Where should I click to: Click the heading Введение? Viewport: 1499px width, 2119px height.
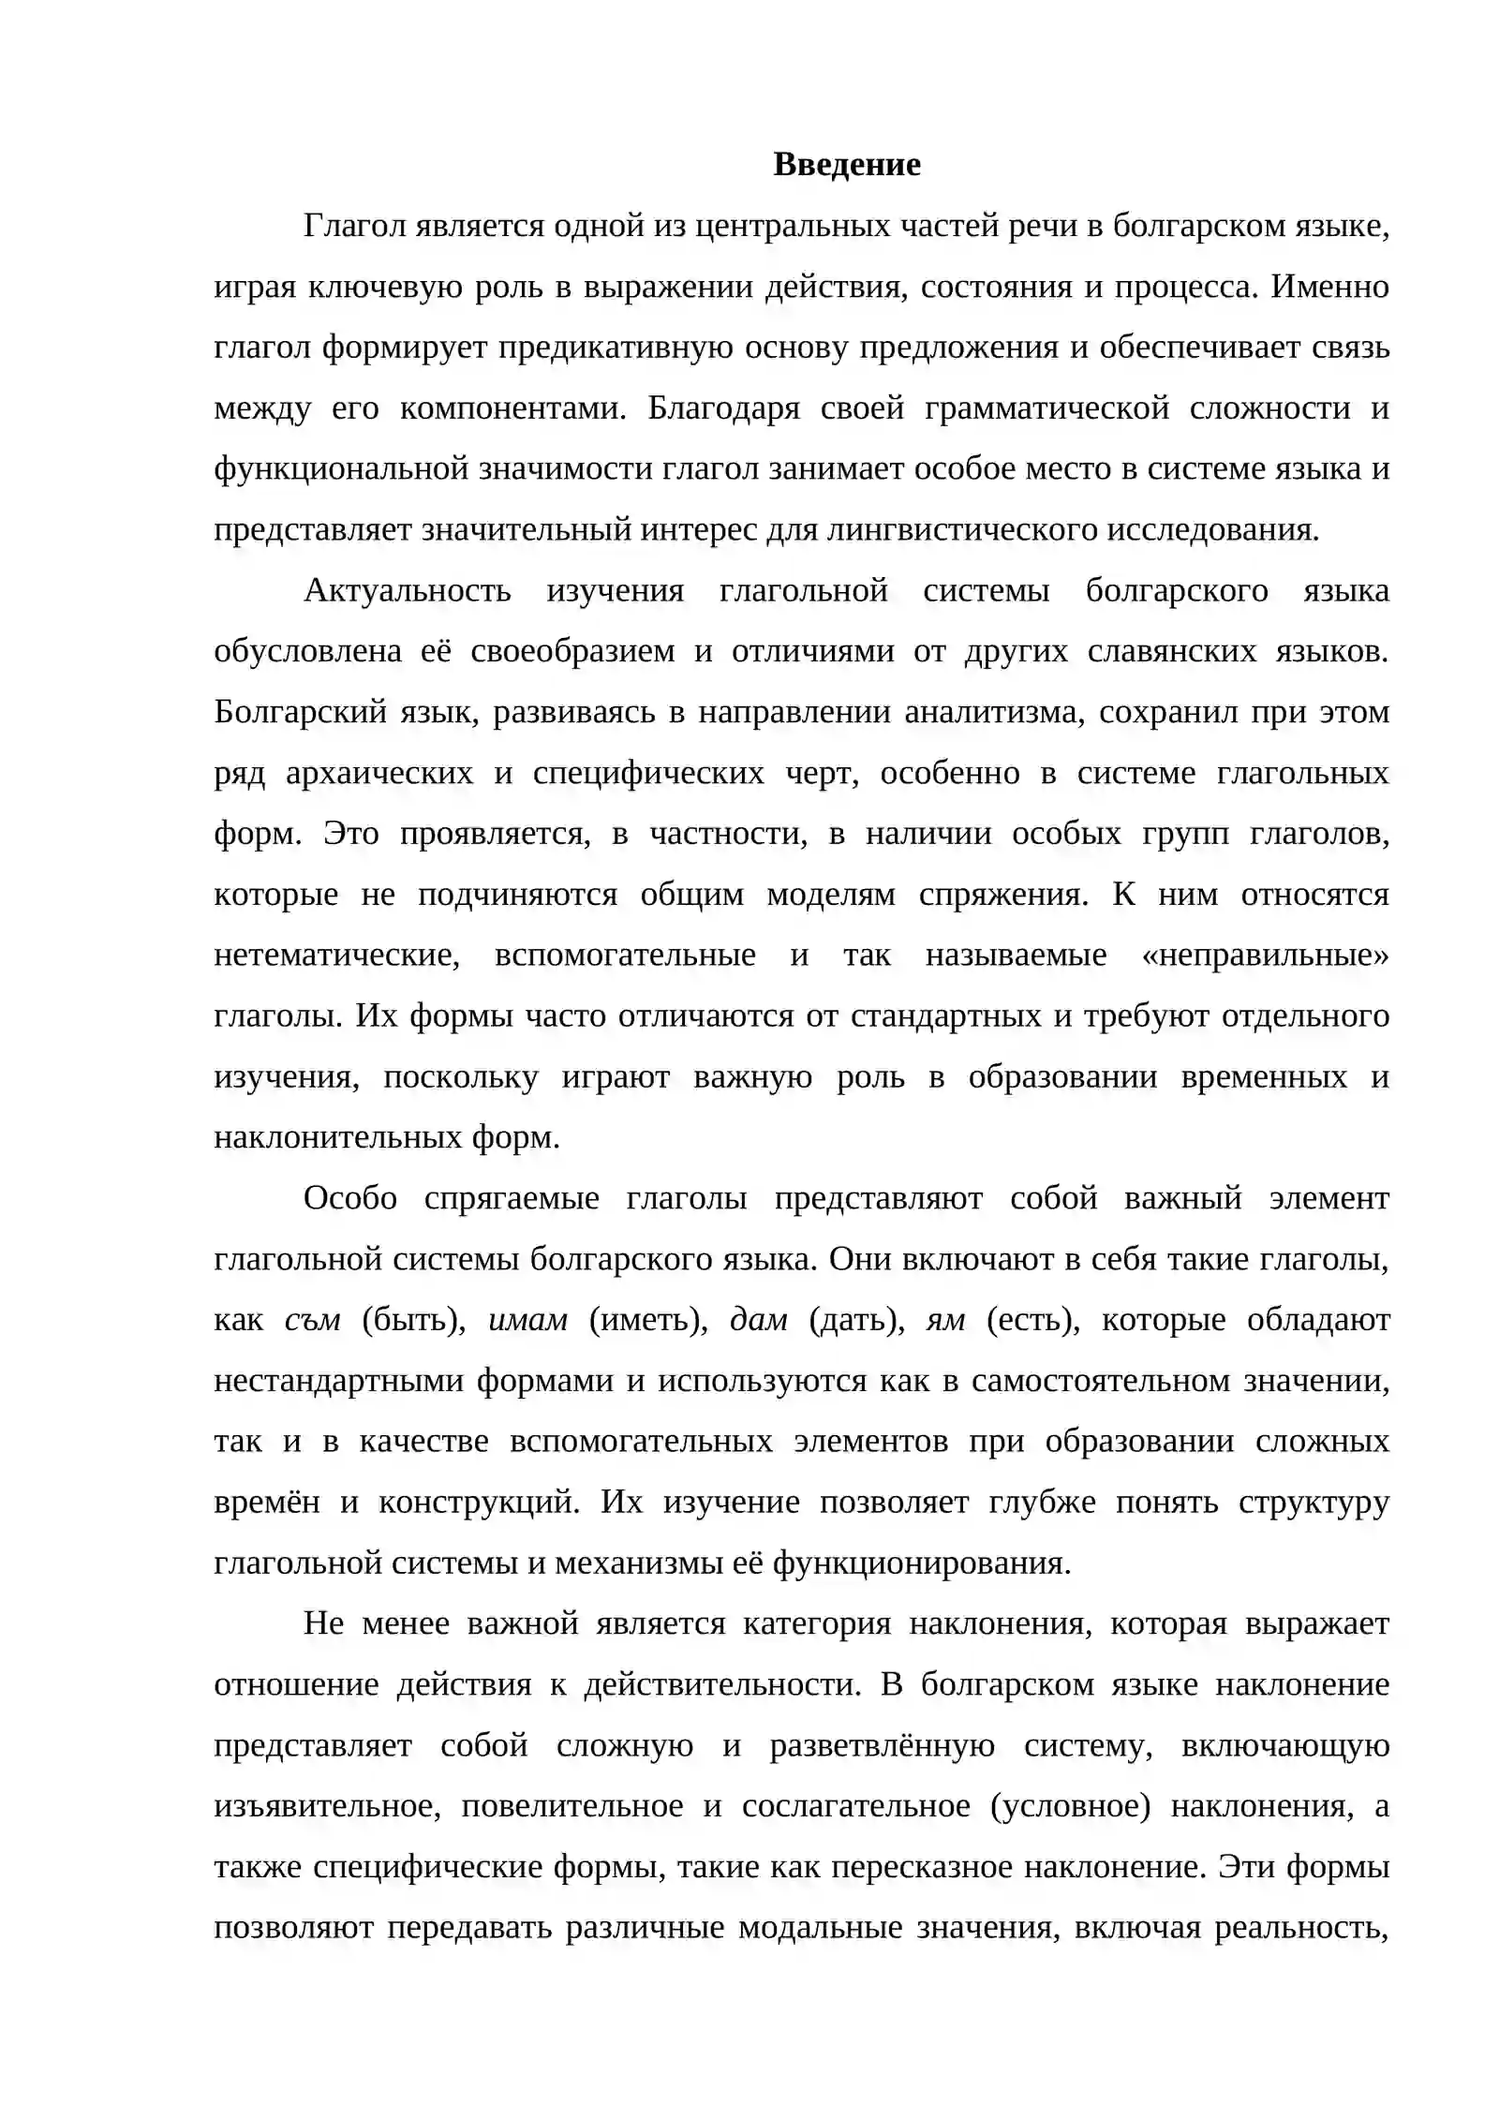point(846,165)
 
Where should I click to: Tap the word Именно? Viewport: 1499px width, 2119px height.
point(1329,287)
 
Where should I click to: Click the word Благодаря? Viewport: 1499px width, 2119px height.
point(723,408)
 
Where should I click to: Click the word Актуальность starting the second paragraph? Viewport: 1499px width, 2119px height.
point(408,591)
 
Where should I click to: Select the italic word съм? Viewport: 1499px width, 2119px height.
point(312,1320)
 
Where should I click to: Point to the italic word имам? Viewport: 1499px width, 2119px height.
point(528,1320)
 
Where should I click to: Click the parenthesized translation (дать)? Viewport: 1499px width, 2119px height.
point(856,1320)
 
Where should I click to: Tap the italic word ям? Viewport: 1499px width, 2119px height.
point(945,1320)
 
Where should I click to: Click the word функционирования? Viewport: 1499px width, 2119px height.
point(921,1563)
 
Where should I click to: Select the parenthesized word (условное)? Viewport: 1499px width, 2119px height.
point(1069,1806)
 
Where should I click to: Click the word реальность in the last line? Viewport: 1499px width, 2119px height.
point(1301,1928)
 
